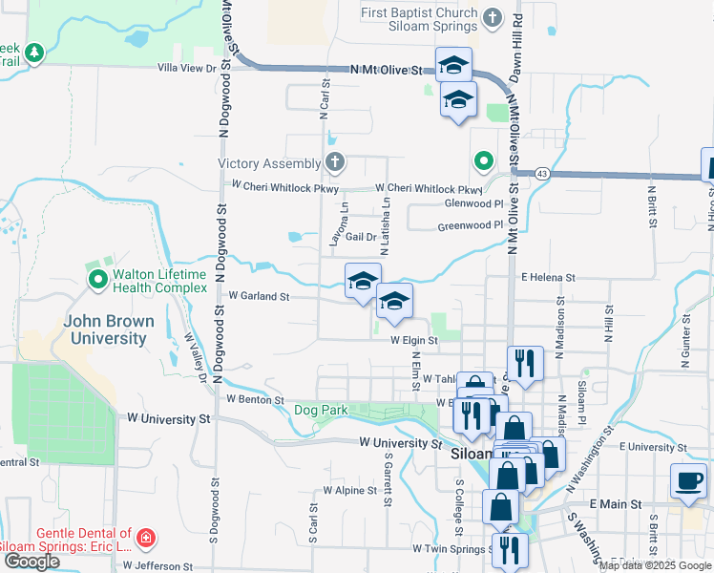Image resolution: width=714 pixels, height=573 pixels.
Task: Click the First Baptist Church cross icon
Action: point(493,18)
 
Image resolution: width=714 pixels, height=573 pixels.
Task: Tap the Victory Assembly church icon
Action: point(334,162)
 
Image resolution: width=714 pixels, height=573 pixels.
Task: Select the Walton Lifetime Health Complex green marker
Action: point(97,281)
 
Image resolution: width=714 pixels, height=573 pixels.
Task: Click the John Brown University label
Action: point(105,329)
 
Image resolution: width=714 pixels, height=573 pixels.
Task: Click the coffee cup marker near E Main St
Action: point(687,480)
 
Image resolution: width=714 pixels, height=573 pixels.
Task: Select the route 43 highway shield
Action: point(542,173)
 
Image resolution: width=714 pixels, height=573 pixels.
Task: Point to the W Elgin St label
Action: point(412,339)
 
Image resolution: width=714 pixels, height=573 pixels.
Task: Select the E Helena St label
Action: point(548,277)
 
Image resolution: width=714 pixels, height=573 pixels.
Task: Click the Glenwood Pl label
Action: point(473,204)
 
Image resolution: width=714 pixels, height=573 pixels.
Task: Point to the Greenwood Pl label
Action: point(470,226)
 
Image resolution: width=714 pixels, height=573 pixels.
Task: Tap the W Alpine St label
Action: point(351,490)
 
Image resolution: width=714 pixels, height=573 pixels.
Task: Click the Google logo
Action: point(31,562)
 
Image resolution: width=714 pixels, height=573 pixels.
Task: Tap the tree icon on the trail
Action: point(34,52)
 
